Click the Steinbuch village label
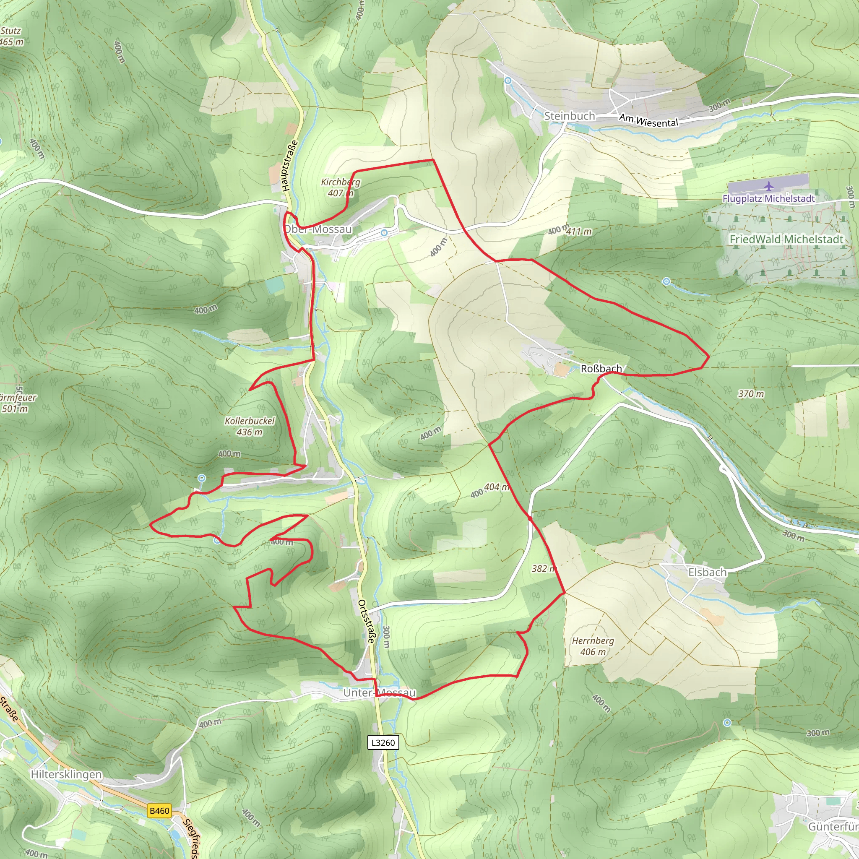(x=569, y=116)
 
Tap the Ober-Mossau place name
(x=318, y=229)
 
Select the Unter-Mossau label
(x=379, y=693)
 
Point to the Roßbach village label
(x=601, y=369)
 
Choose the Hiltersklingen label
(x=66, y=774)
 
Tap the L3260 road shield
(x=383, y=742)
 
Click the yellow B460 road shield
(x=159, y=810)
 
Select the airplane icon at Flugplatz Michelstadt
(x=769, y=185)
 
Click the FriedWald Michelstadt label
(x=786, y=239)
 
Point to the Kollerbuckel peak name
(x=250, y=421)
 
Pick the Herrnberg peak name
(x=593, y=641)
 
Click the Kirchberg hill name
(x=341, y=182)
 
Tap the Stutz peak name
(x=10, y=31)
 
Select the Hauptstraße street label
(x=289, y=166)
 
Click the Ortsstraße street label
(x=367, y=622)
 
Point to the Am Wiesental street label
(x=649, y=120)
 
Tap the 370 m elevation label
(x=751, y=393)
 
